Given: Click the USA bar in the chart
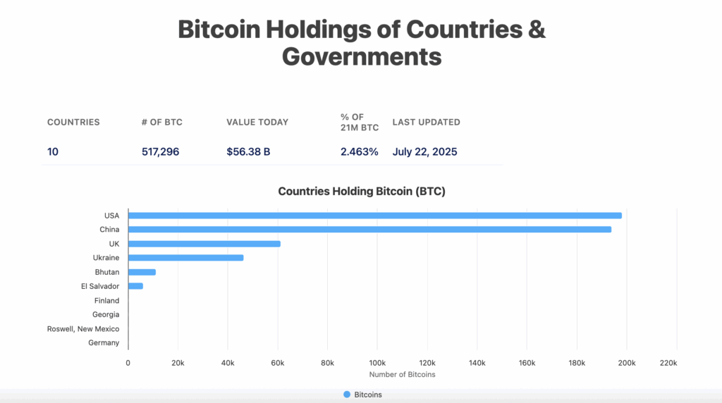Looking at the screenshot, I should click(x=374, y=216).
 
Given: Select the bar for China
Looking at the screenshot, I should click(x=369, y=230).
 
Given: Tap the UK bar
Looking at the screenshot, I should click(x=204, y=244).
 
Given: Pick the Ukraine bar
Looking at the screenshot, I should click(x=186, y=258).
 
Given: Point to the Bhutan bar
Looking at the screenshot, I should click(x=142, y=272).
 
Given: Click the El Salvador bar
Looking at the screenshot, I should click(x=135, y=286).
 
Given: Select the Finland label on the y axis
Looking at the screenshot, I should click(x=107, y=301).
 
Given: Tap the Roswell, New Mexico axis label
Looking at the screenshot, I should click(x=83, y=329).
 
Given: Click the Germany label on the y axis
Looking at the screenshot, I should click(x=104, y=343).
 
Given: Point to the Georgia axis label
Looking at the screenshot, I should click(x=106, y=315).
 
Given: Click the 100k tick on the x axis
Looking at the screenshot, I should click(x=377, y=363).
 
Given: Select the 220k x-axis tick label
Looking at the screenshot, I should click(x=668, y=363).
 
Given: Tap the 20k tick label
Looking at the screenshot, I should click(x=178, y=363).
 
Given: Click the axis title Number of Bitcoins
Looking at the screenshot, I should click(x=402, y=374).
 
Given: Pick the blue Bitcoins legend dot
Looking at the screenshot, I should click(x=346, y=395).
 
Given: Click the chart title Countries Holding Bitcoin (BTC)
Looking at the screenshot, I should click(x=362, y=191).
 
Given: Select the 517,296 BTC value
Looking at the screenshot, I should click(x=160, y=151).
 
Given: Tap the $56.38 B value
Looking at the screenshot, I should click(x=248, y=151).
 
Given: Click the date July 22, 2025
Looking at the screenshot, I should click(x=426, y=151).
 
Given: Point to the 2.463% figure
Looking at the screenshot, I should click(x=359, y=151).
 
